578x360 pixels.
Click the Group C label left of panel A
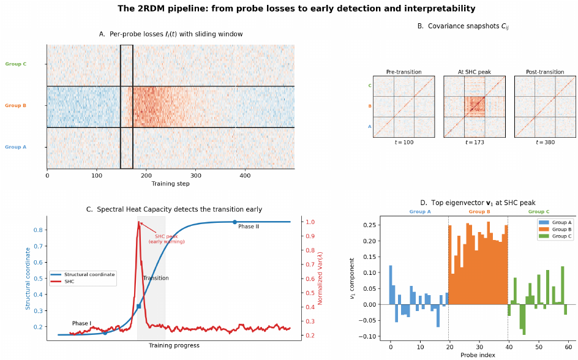tap(16, 64)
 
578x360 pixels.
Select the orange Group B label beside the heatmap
tap(16, 105)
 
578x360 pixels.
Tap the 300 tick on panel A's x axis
tap(195, 176)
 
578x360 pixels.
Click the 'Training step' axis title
tap(171, 184)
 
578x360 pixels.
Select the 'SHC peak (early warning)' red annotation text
tap(170, 239)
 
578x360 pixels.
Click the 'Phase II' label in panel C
tap(249, 227)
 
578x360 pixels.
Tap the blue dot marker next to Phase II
tap(235, 222)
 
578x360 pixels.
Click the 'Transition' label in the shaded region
tap(156, 278)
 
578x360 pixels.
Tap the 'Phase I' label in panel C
tap(81, 323)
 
